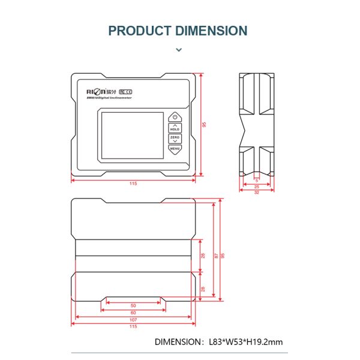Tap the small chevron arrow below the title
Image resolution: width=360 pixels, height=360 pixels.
tap(179, 50)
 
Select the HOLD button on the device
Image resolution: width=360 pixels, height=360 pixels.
tap(175, 128)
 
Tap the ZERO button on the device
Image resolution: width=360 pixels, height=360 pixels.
tap(175, 139)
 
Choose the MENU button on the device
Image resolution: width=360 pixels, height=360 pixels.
tap(175, 148)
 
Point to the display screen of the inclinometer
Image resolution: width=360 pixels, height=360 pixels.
tap(131, 134)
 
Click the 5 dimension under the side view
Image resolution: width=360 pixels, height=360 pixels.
tap(257, 180)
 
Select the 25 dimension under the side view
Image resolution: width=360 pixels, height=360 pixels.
tap(257, 187)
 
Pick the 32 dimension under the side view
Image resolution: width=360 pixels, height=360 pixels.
tap(257, 193)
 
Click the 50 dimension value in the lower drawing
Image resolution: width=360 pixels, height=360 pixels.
tap(133, 306)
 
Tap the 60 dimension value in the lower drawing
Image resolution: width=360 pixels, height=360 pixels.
tap(133, 313)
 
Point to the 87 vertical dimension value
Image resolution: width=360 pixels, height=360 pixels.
tap(216, 256)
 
